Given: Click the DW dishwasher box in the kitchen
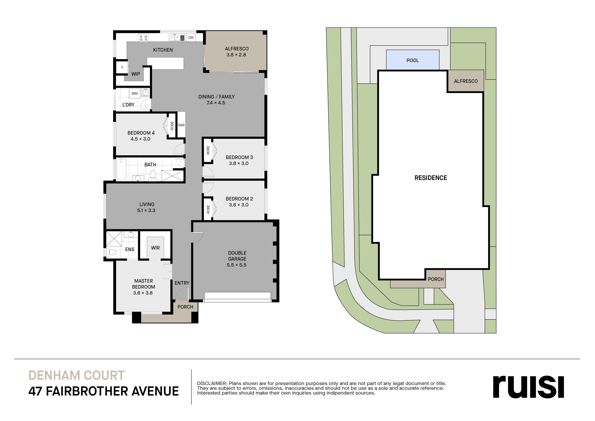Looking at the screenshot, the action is pyautogui.click(x=191, y=38).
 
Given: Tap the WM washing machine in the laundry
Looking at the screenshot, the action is pyautogui.click(x=135, y=93).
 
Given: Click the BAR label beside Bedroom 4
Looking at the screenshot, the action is pyautogui.click(x=181, y=125).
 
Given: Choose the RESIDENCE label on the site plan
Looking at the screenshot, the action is pyautogui.click(x=431, y=178).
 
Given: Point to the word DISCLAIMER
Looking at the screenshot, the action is pyautogui.click(x=212, y=383).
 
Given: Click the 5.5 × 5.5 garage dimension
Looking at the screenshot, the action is pyautogui.click(x=237, y=265).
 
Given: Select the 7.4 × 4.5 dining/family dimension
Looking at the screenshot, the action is pyautogui.click(x=216, y=103).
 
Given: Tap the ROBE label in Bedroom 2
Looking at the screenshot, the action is pyautogui.click(x=208, y=209).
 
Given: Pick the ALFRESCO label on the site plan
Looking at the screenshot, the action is pyautogui.click(x=466, y=81).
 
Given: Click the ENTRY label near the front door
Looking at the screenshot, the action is pyautogui.click(x=182, y=283).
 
